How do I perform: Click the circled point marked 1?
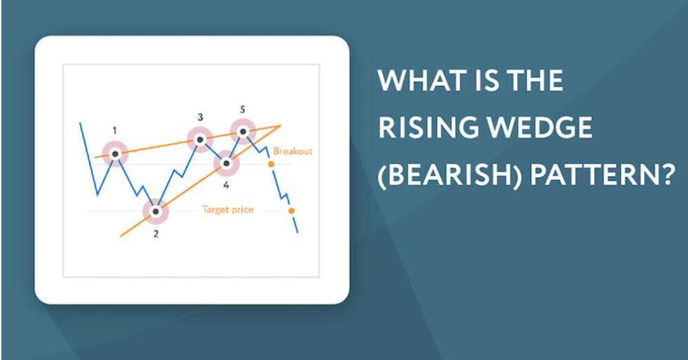tap(115, 154)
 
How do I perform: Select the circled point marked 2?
tap(155, 212)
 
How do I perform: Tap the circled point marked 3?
tap(200, 139)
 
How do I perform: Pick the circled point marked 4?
tap(226, 163)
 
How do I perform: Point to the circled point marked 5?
tap(243, 131)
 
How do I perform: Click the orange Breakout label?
tap(293, 152)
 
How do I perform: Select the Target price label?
tap(227, 210)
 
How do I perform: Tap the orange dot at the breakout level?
tap(271, 164)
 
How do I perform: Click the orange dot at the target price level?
tap(292, 211)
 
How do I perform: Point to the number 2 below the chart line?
tap(156, 234)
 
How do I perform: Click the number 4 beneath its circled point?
tap(226, 186)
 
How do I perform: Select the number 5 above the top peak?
tap(243, 110)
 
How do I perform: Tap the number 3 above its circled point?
tap(200, 117)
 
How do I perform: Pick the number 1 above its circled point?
tap(115, 130)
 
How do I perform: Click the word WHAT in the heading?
tap(416, 80)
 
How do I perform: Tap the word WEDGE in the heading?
tap(540, 128)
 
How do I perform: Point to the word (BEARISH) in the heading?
tap(449, 175)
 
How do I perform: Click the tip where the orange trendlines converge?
tap(281, 126)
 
